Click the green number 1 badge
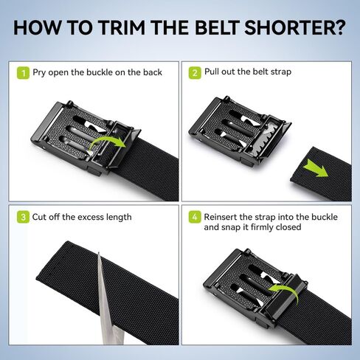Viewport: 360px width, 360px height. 23,73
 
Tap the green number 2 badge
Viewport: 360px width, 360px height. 195,73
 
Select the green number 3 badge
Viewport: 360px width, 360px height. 23,217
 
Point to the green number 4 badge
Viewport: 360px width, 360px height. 195,217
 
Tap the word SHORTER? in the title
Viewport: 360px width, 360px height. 295,27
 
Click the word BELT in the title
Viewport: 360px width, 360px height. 217,27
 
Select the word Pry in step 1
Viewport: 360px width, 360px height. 39,73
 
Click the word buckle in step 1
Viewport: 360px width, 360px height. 99,72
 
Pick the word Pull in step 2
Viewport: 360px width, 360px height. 212,72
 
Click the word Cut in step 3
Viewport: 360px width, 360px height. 39,217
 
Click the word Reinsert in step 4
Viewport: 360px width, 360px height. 221,217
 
